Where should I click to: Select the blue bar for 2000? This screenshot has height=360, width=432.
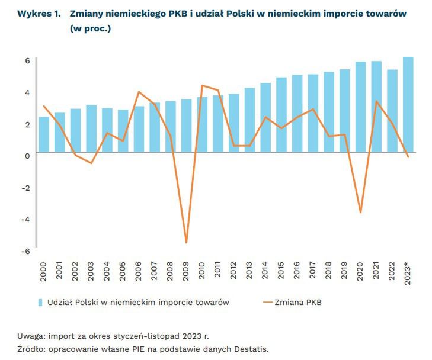pyautogui.click(x=44, y=134)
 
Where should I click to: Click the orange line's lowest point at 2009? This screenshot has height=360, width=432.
pyautogui.click(x=187, y=243)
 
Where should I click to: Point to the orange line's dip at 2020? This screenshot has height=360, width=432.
pyautogui.click(x=360, y=213)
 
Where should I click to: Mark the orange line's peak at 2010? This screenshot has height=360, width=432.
pyautogui.click(x=202, y=85)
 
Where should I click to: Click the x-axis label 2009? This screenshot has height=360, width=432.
pyautogui.click(x=187, y=274)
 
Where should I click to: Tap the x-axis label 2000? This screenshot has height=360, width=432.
pyautogui.click(x=44, y=274)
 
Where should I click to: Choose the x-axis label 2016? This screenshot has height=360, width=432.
pyautogui.click(x=297, y=274)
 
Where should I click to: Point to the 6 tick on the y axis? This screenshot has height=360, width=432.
pyautogui.click(x=27, y=60)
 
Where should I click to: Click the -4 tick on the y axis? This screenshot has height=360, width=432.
pyautogui.click(x=25, y=219)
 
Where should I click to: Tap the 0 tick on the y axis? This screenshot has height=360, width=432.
pyautogui.click(x=27, y=156)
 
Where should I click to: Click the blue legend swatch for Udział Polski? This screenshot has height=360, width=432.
pyautogui.click(x=41, y=303)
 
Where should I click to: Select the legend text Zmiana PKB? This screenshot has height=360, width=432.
pyautogui.click(x=300, y=303)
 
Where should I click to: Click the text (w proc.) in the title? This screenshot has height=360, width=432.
pyautogui.click(x=90, y=28)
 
